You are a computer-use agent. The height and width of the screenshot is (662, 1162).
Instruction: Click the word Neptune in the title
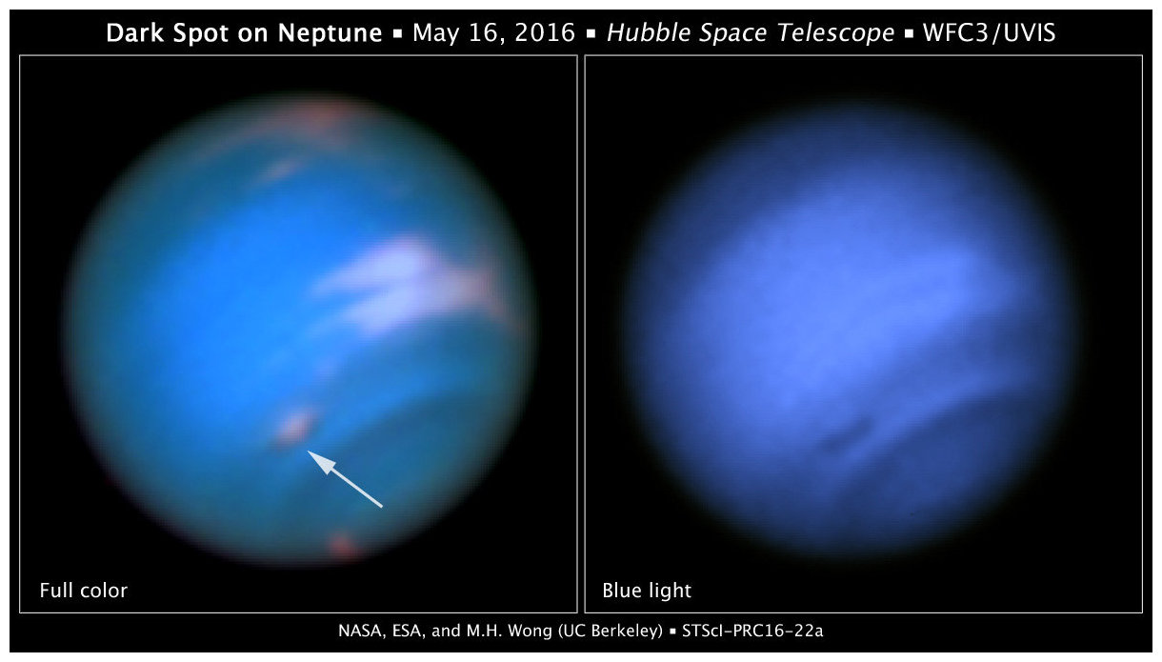tap(330, 32)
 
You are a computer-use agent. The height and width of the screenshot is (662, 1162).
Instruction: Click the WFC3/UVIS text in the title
tap(989, 32)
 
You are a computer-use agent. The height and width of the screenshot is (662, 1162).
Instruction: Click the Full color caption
tap(84, 591)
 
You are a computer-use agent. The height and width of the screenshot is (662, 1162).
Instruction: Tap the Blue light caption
tap(647, 591)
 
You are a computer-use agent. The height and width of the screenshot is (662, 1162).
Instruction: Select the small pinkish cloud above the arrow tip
tap(294, 428)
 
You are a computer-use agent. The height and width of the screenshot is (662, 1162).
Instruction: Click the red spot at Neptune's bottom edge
tap(342, 546)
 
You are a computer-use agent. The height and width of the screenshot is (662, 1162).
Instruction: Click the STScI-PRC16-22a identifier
tap(752, 631)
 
